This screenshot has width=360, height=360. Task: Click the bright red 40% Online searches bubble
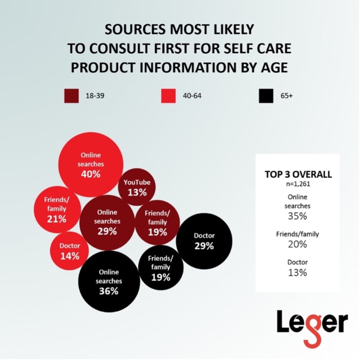(91, 164)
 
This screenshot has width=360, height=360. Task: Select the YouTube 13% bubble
(137, 187)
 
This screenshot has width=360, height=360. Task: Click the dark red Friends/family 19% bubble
(157, 223)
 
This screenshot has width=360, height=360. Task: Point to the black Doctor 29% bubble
(204, 241)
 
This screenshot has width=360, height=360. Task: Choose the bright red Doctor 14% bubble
(70, 251)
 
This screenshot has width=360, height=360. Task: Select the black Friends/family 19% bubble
(161, 268)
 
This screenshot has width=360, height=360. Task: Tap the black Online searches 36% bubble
(109, 281)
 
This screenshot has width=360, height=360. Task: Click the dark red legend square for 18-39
(71, 96)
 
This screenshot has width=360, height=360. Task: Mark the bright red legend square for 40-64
(168, 96)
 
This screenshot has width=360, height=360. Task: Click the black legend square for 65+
(265, 96)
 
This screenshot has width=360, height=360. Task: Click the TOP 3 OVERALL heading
(298, 174)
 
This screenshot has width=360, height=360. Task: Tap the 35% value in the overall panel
(298, 215)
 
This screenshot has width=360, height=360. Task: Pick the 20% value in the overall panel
(298, 244)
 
